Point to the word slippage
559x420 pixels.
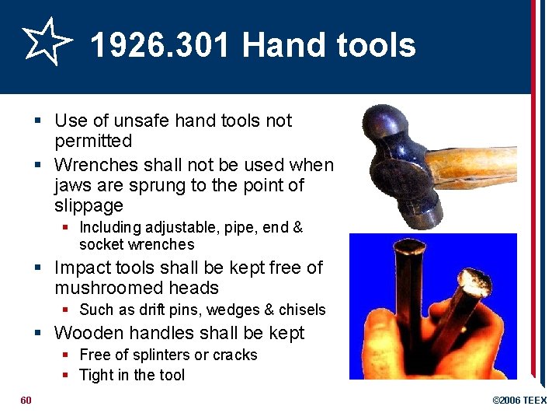coord(89,206)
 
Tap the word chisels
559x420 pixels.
coord(301,310)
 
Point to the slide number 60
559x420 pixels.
coord(26,400)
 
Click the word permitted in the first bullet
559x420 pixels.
coord(93,142)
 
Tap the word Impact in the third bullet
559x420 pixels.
coord(82,268)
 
